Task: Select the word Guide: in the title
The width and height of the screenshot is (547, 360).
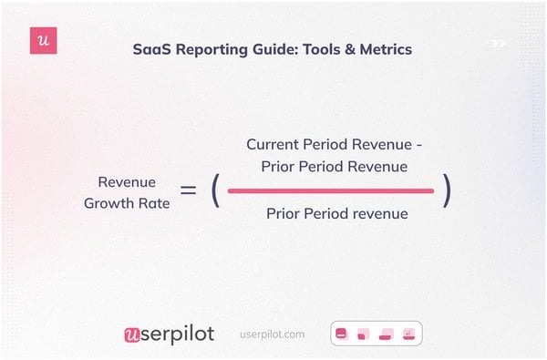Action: [x=277, y=49]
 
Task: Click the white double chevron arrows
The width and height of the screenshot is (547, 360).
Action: [x=499, y=43]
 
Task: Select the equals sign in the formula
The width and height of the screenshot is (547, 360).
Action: [x=189, y=190]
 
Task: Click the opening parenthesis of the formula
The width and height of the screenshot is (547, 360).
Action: [x=215, y=190]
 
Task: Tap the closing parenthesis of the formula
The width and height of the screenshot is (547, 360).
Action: [x=447, y=190]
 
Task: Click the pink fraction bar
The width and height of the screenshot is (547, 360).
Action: [x=331, y=190]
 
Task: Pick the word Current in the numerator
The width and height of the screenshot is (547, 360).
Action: [x=273, y=145]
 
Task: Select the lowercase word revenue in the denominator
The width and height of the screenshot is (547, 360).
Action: [x=375, y=214]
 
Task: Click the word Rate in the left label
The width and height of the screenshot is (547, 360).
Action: [x=154, y=203]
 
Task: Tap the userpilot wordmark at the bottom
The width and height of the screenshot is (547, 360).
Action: [x=169, y=334]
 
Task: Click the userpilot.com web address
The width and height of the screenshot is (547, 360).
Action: [x=273, y=334]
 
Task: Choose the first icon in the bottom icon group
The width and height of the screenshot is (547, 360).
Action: [x=342, y=334]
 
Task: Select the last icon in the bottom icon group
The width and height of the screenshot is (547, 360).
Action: [x=408, y=334]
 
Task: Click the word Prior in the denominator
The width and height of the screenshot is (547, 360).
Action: [x=285, y=214]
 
